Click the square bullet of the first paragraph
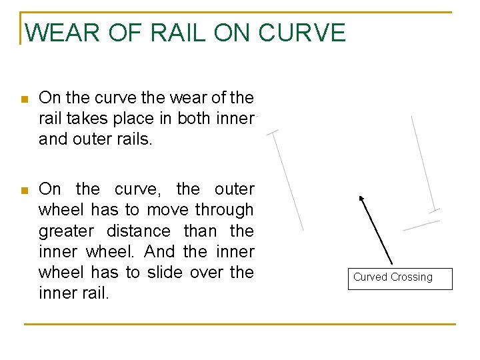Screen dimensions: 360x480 click(24, 99)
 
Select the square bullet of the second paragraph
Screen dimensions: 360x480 click(24, 191)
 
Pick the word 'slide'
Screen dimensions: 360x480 click(165, 272)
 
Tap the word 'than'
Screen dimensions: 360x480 click(200, 231)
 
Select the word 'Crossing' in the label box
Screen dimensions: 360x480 click(412, 277)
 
